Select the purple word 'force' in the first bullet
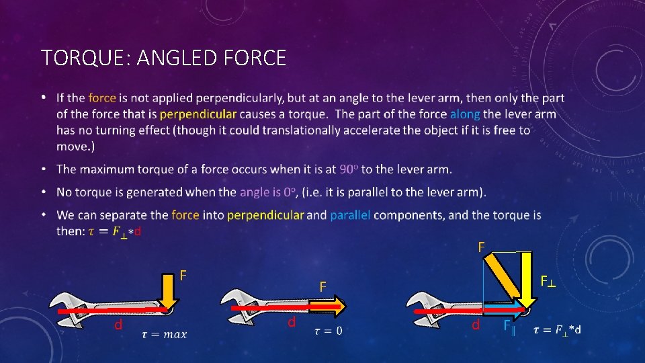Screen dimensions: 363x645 coord(102,98)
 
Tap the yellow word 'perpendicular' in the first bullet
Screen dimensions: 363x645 coord(198,114)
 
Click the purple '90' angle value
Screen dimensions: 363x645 coord(340,168)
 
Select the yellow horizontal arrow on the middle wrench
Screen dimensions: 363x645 coord(327,307)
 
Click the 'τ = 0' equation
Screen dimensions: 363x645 coord(328,330)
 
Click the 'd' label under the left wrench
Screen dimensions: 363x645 coord(118,325)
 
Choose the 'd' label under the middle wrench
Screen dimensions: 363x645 coord(292,322)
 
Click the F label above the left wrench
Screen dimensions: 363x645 coord(183,275)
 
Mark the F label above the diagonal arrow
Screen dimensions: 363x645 coord(481,247)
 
